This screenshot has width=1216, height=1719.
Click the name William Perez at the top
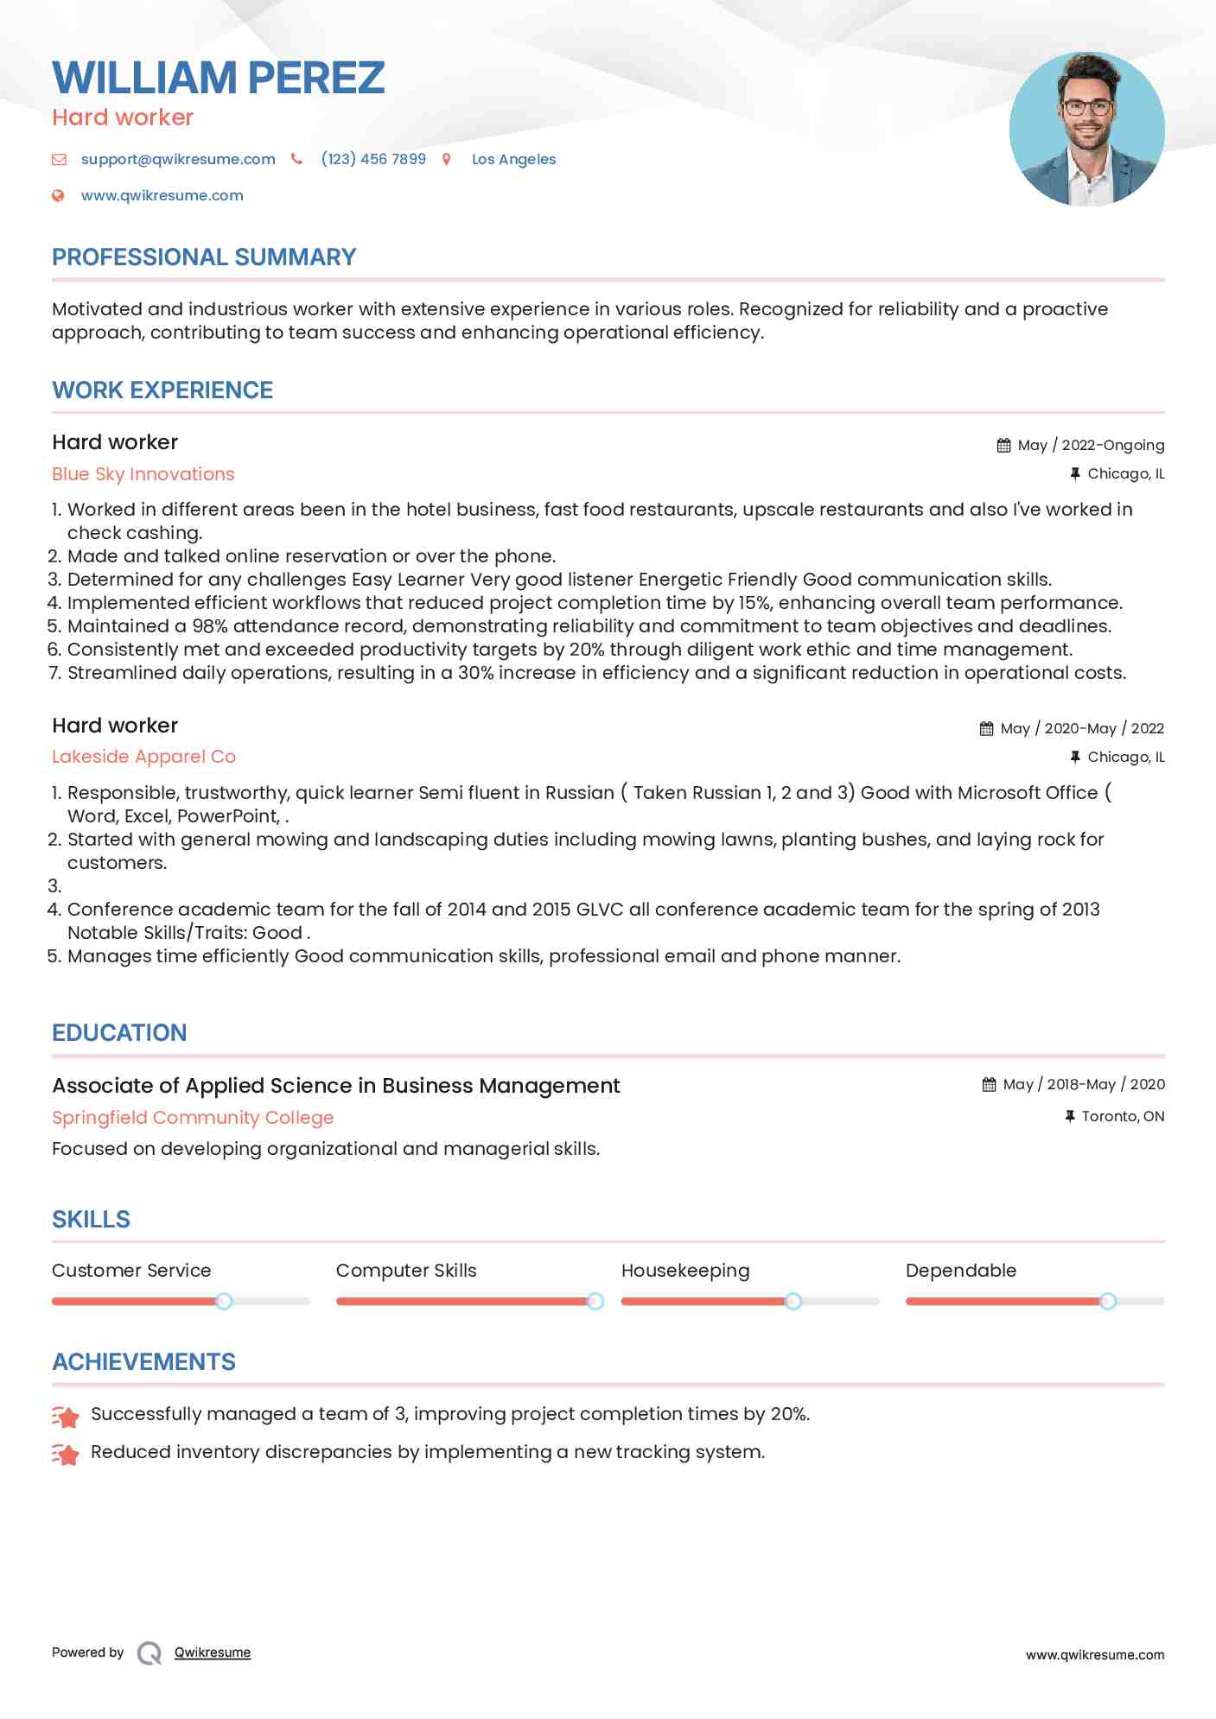click(218, 78)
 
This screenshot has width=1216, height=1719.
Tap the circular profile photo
click(1086, 129)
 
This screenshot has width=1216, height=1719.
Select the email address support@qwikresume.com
click(178, 159)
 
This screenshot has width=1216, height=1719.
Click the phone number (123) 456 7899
click(373, 159)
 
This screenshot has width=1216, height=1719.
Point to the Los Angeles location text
click(513, 159)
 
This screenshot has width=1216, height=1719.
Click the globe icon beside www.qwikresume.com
click(59, 195)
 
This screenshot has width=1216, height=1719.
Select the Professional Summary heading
click(204, 257)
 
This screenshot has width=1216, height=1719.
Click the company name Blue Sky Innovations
click(143, 474)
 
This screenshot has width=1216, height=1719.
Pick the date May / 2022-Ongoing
click(1091, 445)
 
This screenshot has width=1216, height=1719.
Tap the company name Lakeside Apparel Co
click(143, 757)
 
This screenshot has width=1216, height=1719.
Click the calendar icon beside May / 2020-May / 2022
click(986, 728)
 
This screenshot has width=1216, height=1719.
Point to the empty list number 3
click(54, 886)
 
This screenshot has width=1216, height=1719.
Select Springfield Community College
click(193, 1118)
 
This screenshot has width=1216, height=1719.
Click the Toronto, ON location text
click(1123, 1116)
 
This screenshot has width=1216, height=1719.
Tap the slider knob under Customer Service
click(224, 1301)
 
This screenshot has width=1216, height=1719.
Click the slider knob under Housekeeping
click(793, 1301)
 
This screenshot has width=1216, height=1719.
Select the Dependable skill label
click(961, 1271)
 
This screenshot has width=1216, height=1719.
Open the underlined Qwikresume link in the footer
click(213, 1652)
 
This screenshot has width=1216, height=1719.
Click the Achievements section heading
click(143, 1362)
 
